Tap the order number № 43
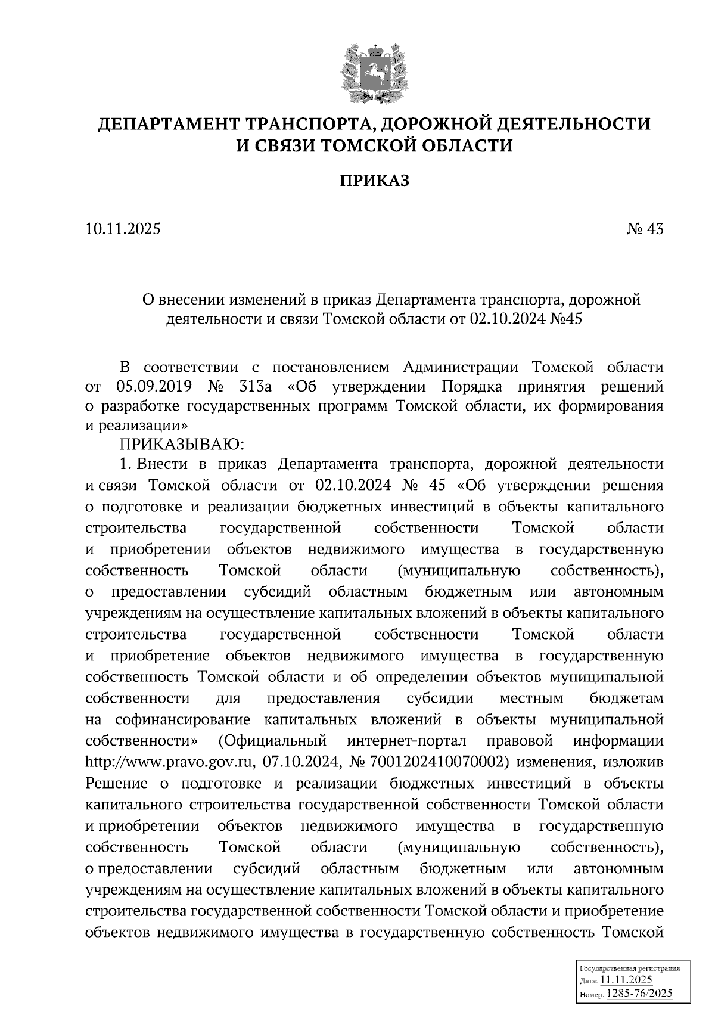pos(644,229)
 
